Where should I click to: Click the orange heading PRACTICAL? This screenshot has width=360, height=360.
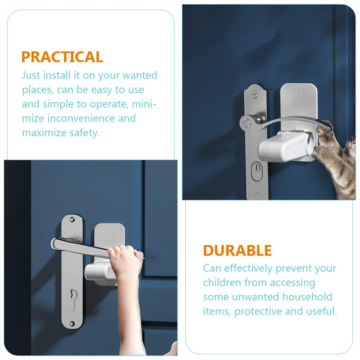62,57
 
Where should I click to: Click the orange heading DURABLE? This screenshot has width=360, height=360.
237,250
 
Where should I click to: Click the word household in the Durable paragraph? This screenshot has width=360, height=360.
308,297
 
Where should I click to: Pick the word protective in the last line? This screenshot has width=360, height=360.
258,311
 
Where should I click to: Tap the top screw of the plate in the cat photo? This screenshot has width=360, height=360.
255,96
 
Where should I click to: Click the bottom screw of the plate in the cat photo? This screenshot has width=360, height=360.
257,195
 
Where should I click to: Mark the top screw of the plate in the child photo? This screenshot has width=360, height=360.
72,220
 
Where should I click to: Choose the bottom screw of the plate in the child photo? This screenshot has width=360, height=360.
72,323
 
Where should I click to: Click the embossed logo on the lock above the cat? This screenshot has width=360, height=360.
298,97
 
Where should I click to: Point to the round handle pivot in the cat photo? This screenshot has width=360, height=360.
247,124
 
